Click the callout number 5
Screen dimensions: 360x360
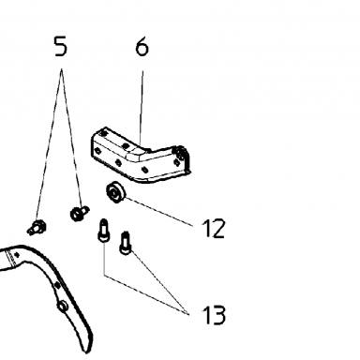pyautogui.click(x=61, y=46)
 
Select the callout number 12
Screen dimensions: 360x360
pyautogui.click(x=214, y=229)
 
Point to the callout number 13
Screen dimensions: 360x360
pyautogui.click(x=214, y=314)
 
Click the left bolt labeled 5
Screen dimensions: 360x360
pyautogui.click(x=37, y=227)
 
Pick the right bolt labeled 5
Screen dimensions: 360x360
pyautogui.click(x=79, y=213)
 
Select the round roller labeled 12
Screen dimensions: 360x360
pyautogui.click(x=116, y=192)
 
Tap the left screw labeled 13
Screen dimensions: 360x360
pyautogui.click(x=103, y=230)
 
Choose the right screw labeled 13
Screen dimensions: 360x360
pyautogui.click(x=126, y=243)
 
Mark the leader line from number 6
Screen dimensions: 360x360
pyautogui.click(x=142, y=108)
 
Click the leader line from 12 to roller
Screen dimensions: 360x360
pyautogui.click(x=158, y=211)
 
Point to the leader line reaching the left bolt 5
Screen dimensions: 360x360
pyautogui.click(x=49, y=144)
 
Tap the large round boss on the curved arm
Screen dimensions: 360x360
pyautogui.click(x=62, y=306)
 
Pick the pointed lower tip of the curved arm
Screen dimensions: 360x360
pyautogui.click(x=86, y=352)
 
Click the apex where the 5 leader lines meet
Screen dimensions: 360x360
pyautogui.click(x=62, y=69)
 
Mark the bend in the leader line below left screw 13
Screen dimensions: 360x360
pyautogui.click(x=104, y=276)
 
